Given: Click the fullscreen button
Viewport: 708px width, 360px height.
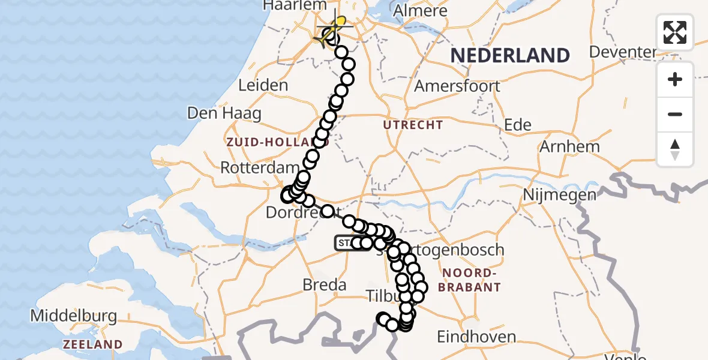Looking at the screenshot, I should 675,32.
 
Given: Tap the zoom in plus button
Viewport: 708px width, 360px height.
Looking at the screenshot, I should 675,79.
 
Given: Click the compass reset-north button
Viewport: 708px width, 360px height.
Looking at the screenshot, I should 675,149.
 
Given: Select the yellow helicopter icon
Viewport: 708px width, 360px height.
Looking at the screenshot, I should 331,32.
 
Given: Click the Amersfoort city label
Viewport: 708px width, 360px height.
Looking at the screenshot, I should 457,86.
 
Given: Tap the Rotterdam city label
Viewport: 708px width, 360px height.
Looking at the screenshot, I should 260,167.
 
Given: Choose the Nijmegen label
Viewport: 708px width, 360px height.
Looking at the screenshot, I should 559,194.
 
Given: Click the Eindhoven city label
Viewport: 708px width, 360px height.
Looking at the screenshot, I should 476,337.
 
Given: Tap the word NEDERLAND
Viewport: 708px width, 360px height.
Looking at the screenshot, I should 510,56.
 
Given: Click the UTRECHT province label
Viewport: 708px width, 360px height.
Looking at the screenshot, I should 413,125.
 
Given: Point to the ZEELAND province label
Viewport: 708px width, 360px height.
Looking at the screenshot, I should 93,344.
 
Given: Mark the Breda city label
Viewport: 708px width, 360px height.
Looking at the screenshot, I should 325,284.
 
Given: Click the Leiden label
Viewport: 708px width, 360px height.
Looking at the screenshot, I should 263,86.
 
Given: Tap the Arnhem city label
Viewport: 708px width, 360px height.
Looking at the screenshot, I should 569,146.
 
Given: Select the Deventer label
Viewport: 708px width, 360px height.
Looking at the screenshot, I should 623,52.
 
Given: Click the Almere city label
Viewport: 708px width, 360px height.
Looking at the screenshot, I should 419,11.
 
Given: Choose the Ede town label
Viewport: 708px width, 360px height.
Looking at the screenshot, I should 517,125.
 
